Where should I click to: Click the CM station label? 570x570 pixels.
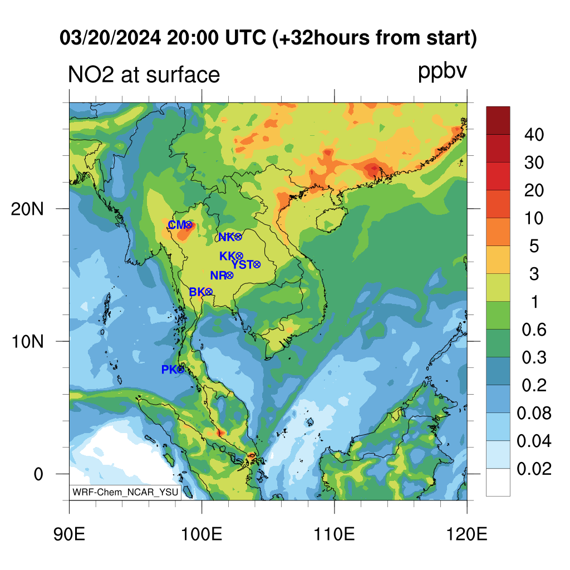click(x=177, y=225)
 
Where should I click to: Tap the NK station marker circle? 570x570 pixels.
click(x=238, y=237)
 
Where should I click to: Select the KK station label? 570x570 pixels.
click(x=228, y=256)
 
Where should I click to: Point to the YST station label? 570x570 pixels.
click(x=242, y=264)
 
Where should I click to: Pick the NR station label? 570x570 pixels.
click(x=218, y=276)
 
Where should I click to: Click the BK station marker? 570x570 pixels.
click(x=209, y=292)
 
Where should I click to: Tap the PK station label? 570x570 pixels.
click(x=169, y=370)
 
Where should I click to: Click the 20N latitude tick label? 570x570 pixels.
click(x=27, y=209)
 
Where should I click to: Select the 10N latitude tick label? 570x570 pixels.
click(x=27, y=342)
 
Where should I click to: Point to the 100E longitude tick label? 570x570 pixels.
click(x=202, y=534)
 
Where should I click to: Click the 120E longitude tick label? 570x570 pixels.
click(x=466, y=534)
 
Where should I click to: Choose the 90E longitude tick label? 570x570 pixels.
click(x=69, y=534)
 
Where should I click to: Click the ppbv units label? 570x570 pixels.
click(x=443, y=71)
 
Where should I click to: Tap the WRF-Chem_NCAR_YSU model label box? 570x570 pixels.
click(x=125, y=492)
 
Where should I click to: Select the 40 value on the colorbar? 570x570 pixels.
click(x=534, y=135)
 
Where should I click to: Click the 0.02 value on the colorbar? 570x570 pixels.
click(x=534, y=469)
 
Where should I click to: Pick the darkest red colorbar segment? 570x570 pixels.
click(x=498, y=120)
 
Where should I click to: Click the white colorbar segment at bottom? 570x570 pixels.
click(x=498, y=483)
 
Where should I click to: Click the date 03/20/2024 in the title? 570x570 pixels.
click(x=110, y=38)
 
